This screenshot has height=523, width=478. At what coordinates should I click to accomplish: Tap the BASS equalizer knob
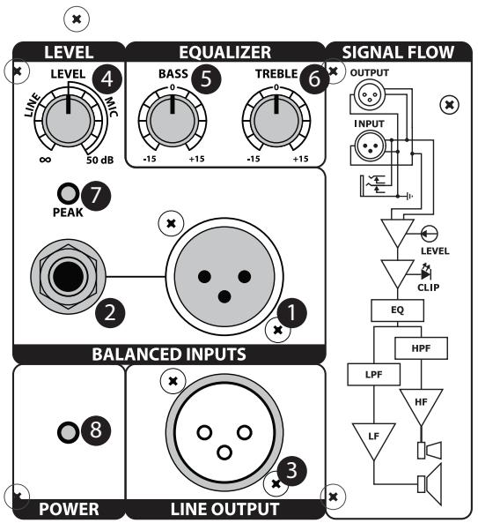[173, 121]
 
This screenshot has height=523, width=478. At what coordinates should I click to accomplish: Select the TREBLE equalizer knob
[276, 121]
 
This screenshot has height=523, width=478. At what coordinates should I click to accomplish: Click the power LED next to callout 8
[66, 431]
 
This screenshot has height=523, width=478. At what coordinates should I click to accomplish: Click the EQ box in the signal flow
[401, 311]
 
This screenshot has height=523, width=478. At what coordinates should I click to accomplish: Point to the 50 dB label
[99, 160]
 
